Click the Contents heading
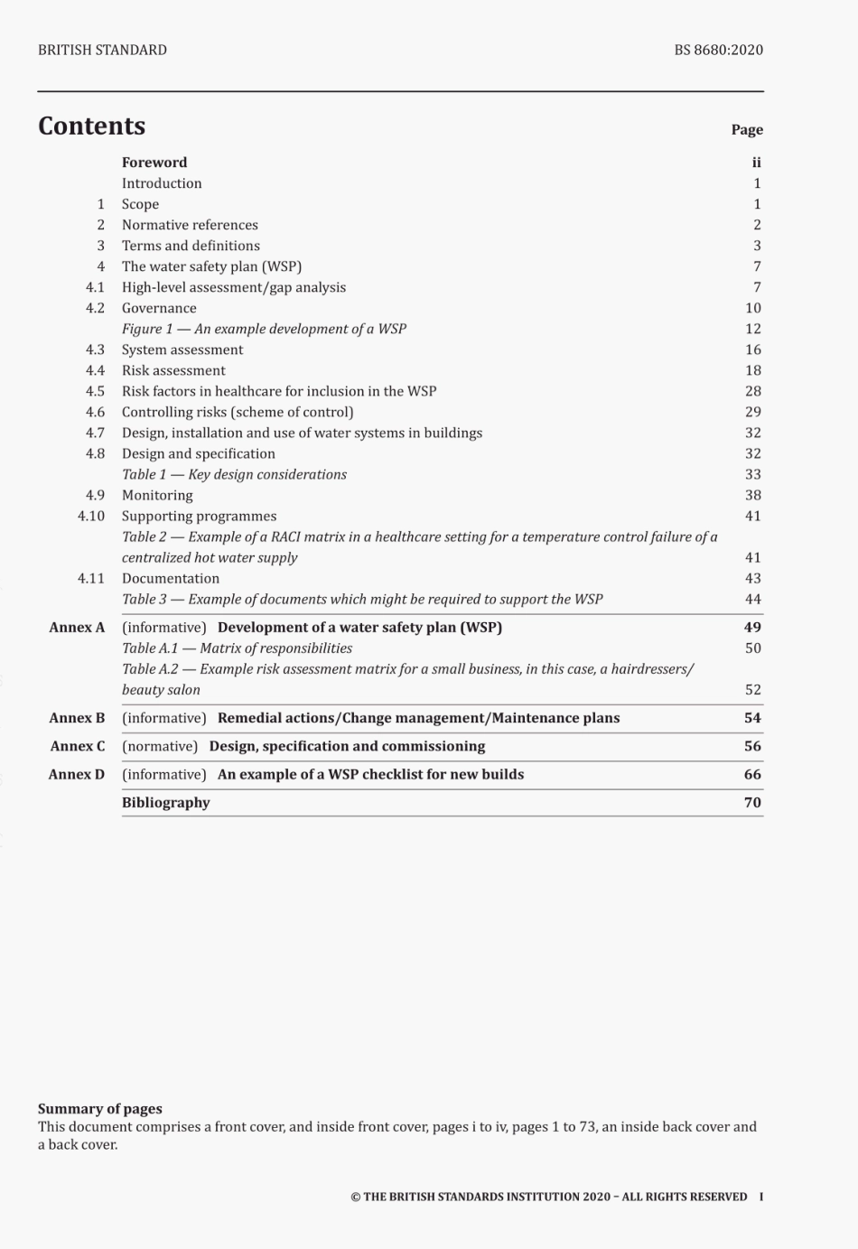pos(91,126)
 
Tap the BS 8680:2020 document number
pos(718,50)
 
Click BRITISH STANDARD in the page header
pos(102,50)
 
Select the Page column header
pos(747,130)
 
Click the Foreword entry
pos(154,163)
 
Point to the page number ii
pos(756,163)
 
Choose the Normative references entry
pos(190,225)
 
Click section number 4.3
pos(95,350)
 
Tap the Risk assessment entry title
pos(173,370)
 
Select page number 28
pos(752,391)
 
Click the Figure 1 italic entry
pos(264,329)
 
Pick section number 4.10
pos(91,516)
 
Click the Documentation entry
pos(171,578)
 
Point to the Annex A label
pos(77,627)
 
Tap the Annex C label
pos(78,746)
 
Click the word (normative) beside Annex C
pos(160,746)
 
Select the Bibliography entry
pos(166,802)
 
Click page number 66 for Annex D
pos(752,774)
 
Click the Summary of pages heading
pos(100,1108)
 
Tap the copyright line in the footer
pos(549,1197)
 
